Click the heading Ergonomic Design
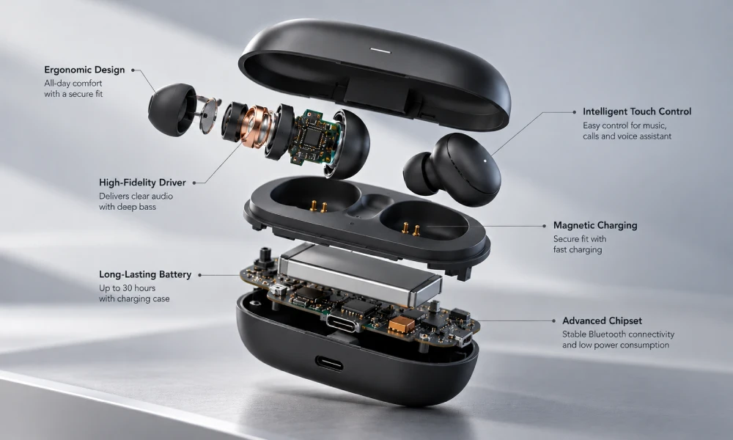point(84,70)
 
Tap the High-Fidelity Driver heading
point(142,183)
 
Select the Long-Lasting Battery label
point(145,274)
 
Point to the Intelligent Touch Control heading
point(637,111)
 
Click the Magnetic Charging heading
point(595,225)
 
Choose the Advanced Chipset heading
point(602,320)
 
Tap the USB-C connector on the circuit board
point(344,323)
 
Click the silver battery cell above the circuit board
point(359,272)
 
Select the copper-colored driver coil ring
point(255,126)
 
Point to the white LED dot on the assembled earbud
point(485,161)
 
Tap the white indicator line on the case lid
point(380,50)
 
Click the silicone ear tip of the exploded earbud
point(172,110)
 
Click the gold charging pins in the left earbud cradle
point(318,206)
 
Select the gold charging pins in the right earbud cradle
point(410,229)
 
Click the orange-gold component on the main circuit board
point(402,325)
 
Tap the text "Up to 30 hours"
point(127,288)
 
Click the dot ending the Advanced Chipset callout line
point(554,320)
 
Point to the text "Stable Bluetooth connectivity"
point(618,334)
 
